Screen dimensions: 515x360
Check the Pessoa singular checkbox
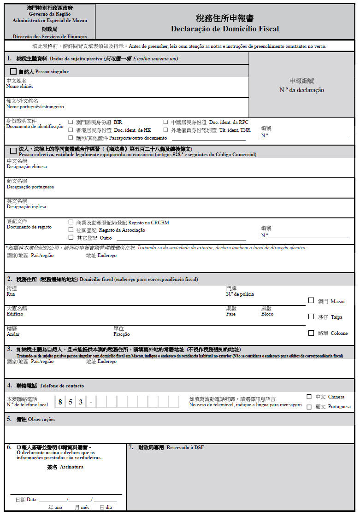coord(13,71)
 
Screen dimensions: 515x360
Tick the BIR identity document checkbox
coord(71,122)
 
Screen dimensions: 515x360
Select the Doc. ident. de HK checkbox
coord(71,130)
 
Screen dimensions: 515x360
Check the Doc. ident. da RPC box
coord(165,122)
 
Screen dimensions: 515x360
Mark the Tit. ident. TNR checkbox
coord(165,130)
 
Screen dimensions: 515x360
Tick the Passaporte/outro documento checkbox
coord(71,138)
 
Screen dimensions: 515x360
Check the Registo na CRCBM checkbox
coord(71,222)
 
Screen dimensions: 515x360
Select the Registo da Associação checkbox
coord(71,229)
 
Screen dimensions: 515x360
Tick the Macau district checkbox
coord(311,300)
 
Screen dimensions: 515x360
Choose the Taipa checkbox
coord(311,316)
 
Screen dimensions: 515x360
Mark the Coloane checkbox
coord(311,333)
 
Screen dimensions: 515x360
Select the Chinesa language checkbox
coord(309,397)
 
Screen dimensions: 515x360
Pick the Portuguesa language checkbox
coord(309,407)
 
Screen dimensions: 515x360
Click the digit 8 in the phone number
coord(60,402)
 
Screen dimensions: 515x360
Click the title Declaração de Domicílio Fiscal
coord(224,29)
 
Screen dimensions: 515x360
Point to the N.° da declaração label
coord(301,90)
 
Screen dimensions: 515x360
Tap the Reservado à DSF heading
coord(185,447)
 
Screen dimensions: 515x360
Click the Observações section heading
coord(41,419)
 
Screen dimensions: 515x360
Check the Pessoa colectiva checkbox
coord(13,151)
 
